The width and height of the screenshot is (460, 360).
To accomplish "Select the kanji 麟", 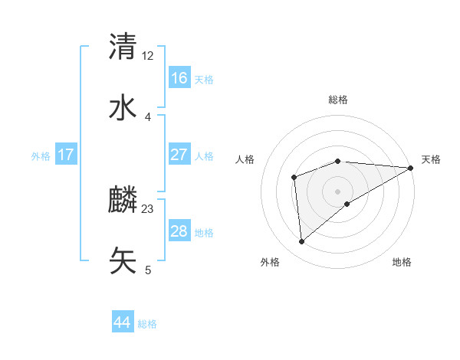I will [123, 200].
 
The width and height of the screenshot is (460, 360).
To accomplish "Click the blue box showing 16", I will [179, 78].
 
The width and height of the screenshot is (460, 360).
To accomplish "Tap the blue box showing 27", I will [179, 155].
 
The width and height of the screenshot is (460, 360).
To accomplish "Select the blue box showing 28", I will [179, 231].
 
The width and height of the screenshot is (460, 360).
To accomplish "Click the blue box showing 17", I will [66, 155].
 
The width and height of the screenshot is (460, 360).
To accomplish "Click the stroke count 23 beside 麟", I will [148, 208].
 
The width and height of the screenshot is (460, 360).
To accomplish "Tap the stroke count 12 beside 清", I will [148, 56].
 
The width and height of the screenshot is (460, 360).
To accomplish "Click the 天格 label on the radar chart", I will [431, 159].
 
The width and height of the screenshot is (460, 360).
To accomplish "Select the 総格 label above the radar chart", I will [338, 100].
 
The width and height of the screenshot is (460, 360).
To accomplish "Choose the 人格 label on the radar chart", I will [245, 159].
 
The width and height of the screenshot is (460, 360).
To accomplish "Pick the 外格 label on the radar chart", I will [270, 262].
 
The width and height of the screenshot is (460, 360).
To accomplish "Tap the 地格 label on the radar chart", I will [402, 262].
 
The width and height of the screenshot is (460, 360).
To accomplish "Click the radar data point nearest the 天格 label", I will [411, 168].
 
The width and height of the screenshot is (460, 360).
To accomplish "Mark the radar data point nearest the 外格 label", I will [302, 242].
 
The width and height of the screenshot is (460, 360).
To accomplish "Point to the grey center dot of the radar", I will [338, 191].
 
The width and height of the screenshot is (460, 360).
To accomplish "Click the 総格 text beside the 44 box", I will [147, 324].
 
